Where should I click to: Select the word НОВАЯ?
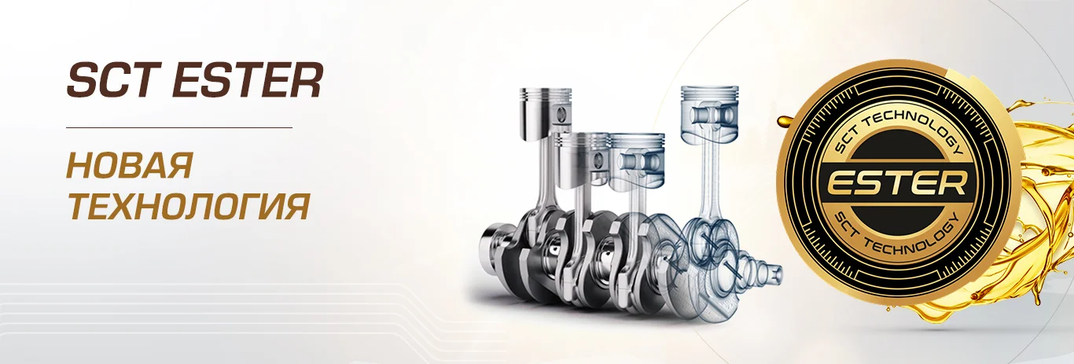(131, 165)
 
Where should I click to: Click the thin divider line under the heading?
(179, 128)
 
